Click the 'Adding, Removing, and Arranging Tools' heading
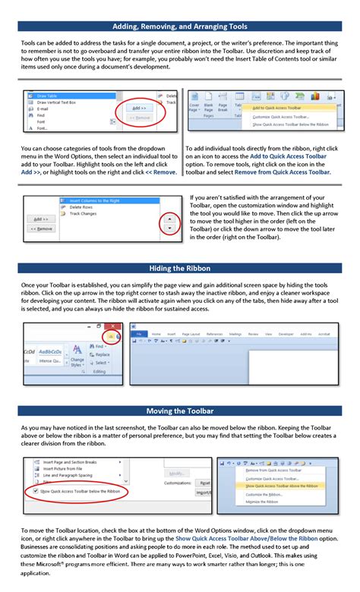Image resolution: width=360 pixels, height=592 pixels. point(180,27)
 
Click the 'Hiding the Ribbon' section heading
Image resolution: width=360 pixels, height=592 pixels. point(180,268)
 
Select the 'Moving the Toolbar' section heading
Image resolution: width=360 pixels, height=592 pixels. point(180,411)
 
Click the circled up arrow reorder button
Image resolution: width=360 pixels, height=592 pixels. point(169,217)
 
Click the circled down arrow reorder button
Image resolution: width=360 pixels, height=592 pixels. point(169,228)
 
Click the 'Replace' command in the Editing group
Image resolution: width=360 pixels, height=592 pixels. point(102,354)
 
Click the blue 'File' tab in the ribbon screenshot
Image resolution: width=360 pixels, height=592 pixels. point(139,333)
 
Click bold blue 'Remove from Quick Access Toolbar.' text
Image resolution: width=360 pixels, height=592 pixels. point(283,172)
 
